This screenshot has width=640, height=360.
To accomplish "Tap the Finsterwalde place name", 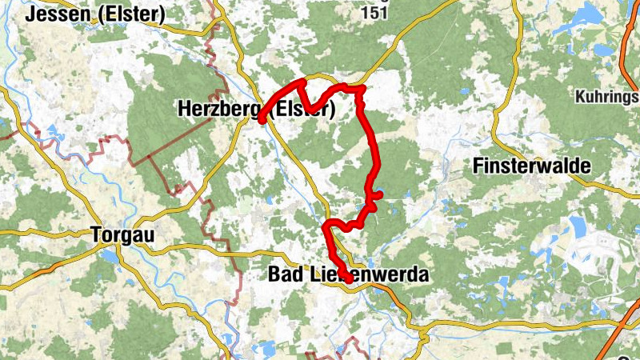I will point(531,166).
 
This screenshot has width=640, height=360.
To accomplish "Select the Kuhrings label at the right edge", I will point(606,98).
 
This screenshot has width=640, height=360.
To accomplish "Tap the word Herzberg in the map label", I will point(220,110).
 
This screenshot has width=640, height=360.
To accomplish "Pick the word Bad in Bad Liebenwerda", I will point(282,275).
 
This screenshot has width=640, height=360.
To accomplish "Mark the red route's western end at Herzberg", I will point(262,120).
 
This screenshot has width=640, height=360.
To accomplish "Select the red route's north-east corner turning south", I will point(361,88).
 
